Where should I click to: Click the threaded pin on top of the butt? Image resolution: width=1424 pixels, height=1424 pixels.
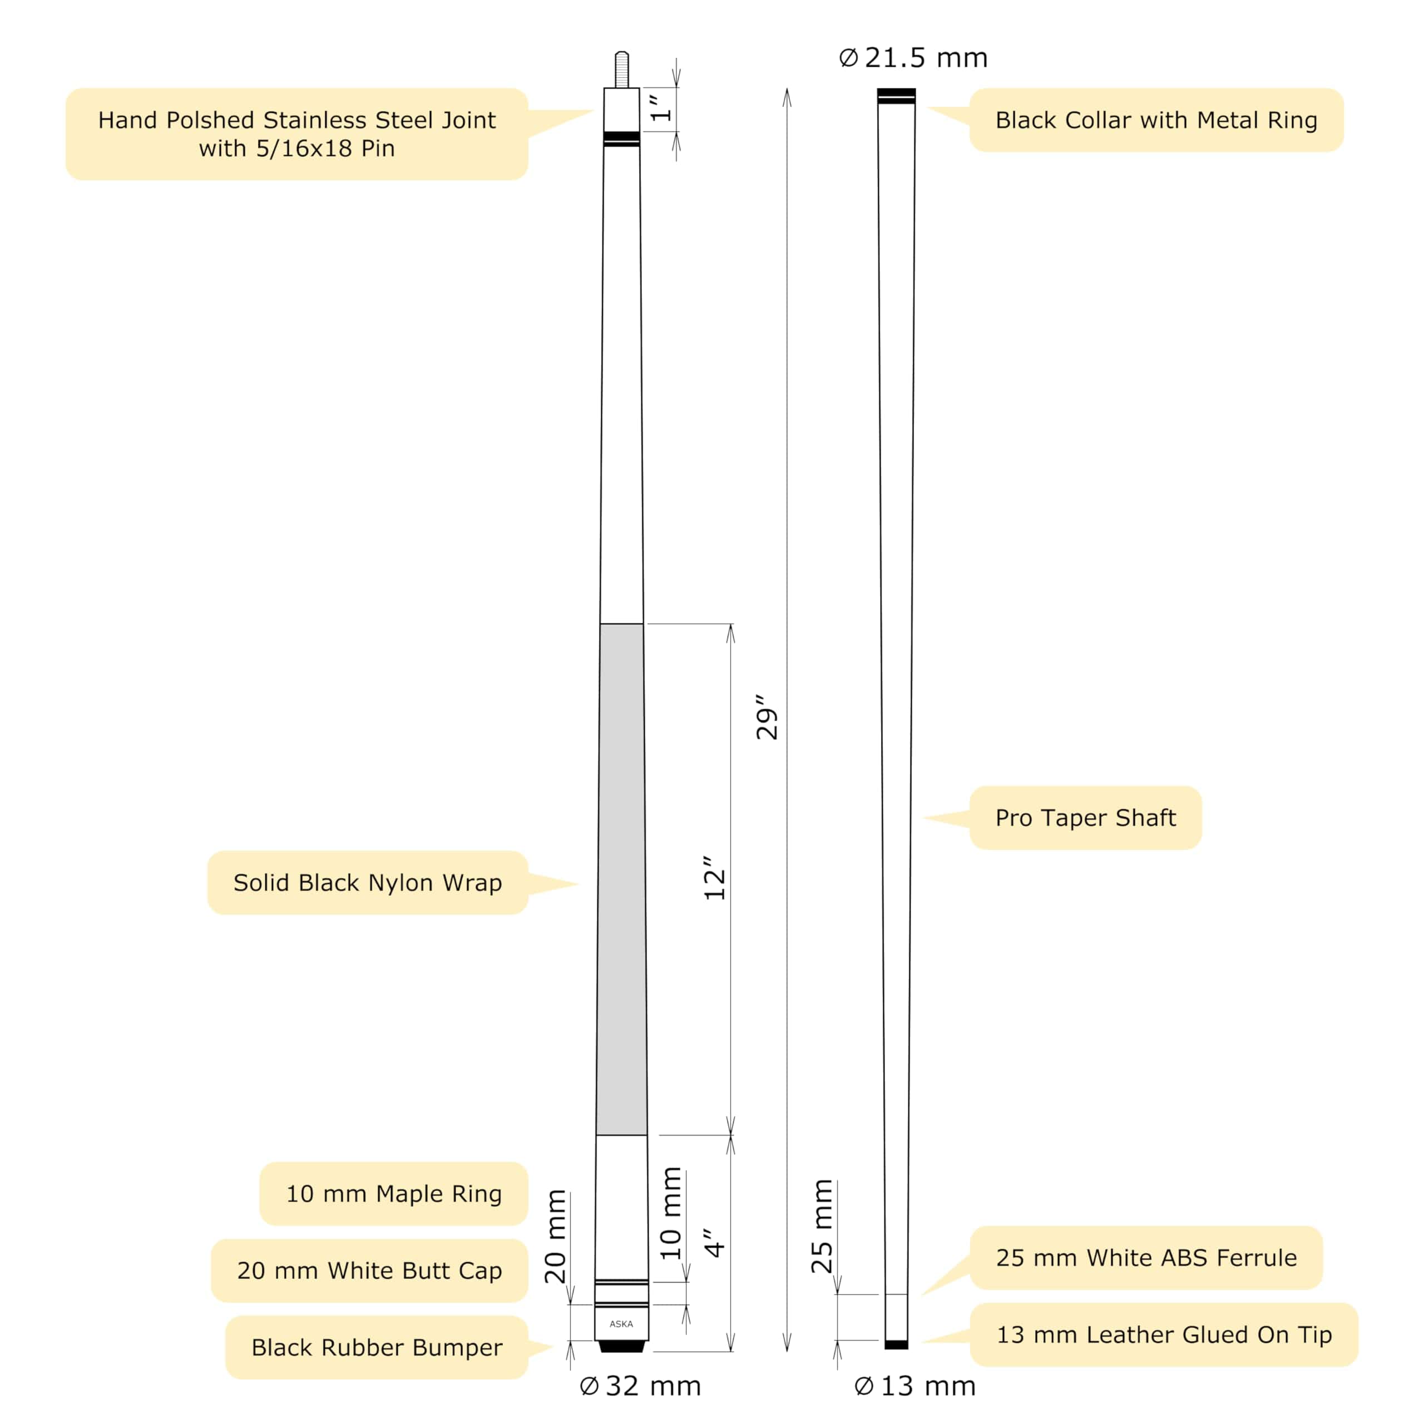pos(621,70)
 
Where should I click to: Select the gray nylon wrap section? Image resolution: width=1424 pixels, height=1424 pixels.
pos(621,877)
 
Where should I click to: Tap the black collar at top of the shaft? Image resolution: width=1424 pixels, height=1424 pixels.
pos(896,95)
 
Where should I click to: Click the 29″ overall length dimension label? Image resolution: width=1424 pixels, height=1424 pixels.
pos(767,716)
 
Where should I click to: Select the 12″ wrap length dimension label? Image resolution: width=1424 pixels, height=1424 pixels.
pos(714,878)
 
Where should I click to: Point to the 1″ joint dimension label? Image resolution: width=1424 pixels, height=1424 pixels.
pos(661,107)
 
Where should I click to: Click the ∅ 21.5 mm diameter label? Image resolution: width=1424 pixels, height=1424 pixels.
pos(913,57)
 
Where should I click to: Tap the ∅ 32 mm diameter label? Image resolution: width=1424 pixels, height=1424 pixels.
pos(640,1386)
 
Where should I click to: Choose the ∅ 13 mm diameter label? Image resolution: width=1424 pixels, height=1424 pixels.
pos(914,1386)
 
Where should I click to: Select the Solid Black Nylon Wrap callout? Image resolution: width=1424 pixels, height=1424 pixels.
pos(367,882)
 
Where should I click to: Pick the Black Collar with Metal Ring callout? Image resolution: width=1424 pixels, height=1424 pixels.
pos(1156,120)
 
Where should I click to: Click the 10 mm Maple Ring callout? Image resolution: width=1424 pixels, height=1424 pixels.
pos(394,1193)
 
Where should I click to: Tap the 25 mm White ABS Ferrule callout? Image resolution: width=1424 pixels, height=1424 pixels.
pos(1145,1258)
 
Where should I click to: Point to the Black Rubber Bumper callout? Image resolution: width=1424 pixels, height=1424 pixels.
pos(377,1347)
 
